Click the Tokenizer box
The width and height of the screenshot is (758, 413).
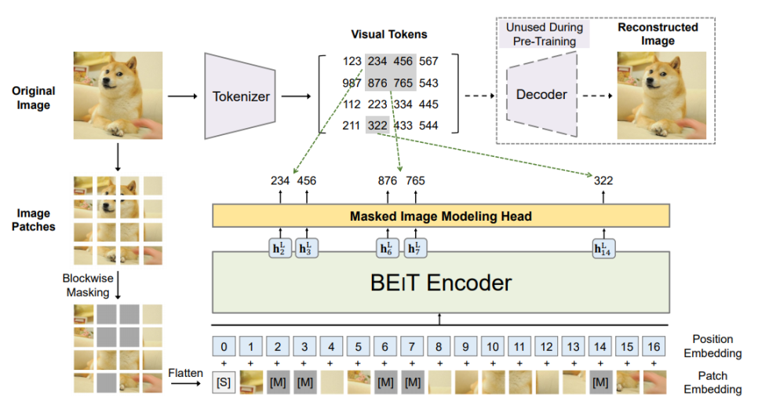[x=241, y=97]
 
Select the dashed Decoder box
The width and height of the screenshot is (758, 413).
[x=541, y=94]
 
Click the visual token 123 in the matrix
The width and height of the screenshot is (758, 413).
[x=352, y=61]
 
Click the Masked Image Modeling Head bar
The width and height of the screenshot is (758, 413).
[x=440, y=216]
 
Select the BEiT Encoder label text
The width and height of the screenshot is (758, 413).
[x=441, y=282]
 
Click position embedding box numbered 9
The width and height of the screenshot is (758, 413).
[x=465, y=345]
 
